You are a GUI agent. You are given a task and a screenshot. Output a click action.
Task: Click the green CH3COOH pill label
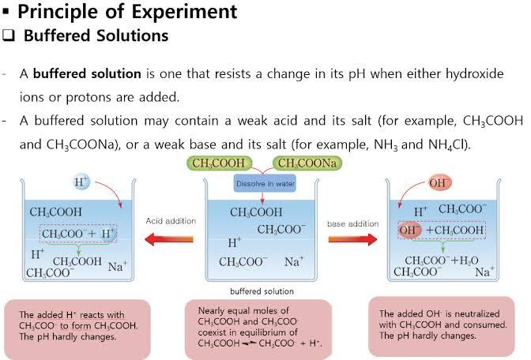pos(219,163)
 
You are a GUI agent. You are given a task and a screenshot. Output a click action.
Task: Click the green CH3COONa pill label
pos(307,163)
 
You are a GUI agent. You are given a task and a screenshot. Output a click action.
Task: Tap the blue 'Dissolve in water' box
pos(265,183)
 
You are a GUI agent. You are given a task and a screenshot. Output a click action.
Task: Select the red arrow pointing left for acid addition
pos(168,239)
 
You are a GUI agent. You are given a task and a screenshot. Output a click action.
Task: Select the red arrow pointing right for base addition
pos(353,239)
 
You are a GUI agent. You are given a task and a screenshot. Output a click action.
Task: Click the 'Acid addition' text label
pos(171,221)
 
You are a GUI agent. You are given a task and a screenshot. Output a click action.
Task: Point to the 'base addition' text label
pos(353,223)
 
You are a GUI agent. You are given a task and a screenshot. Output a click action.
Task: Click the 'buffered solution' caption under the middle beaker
pos(262,291)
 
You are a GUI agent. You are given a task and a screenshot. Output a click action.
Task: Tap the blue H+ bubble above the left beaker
pos(81,182)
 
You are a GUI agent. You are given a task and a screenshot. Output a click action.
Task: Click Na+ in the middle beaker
pos(294,261)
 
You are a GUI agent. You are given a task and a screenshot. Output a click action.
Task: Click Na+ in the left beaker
pos(117,266)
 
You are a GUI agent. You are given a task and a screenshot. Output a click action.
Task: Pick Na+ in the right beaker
pos(484,272)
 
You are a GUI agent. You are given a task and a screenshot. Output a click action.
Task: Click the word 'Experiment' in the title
pos(184,12)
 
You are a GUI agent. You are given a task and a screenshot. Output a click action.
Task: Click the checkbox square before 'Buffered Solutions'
pos(9,36)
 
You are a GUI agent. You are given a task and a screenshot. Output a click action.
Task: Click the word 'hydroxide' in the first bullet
pos(474,73)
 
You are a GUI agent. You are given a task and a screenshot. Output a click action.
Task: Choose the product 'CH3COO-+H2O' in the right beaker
pos(442,261)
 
